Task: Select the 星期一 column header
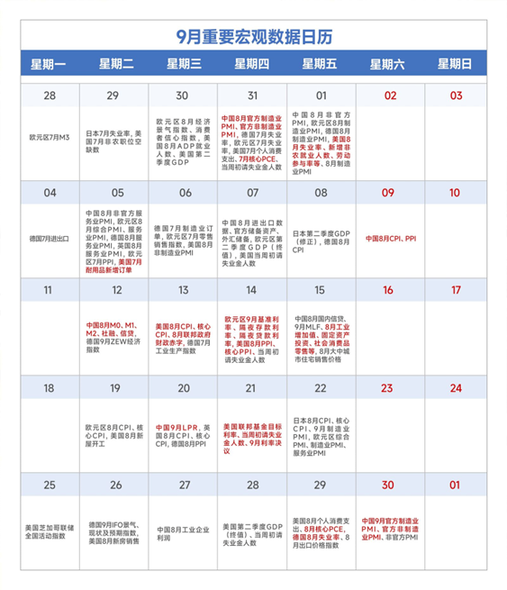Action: click(x=50, y=64)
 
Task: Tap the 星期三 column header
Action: click(x=185, y=64)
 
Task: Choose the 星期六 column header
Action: click(x=389, y=64)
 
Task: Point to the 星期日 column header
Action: click(x=456, y=64)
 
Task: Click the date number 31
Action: click(x=253, y=95)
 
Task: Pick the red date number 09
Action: click(x=389, y=193)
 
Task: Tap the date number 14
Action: click(x=253, y=290)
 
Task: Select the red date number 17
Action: click(x=456, y=290)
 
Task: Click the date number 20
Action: click(x=185, y=387)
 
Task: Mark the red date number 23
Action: click(x=389, y=387)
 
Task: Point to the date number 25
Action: click(x=50, y=485)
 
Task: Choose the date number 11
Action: click(x=50, y=290)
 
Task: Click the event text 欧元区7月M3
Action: click(x=50, y=138)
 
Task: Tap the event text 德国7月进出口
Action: click(x=50, y=239)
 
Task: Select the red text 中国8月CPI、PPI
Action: click(x=390, y=239)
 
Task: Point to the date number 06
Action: click(x=185, y=193)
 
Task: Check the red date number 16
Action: click(x=389, y=290)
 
